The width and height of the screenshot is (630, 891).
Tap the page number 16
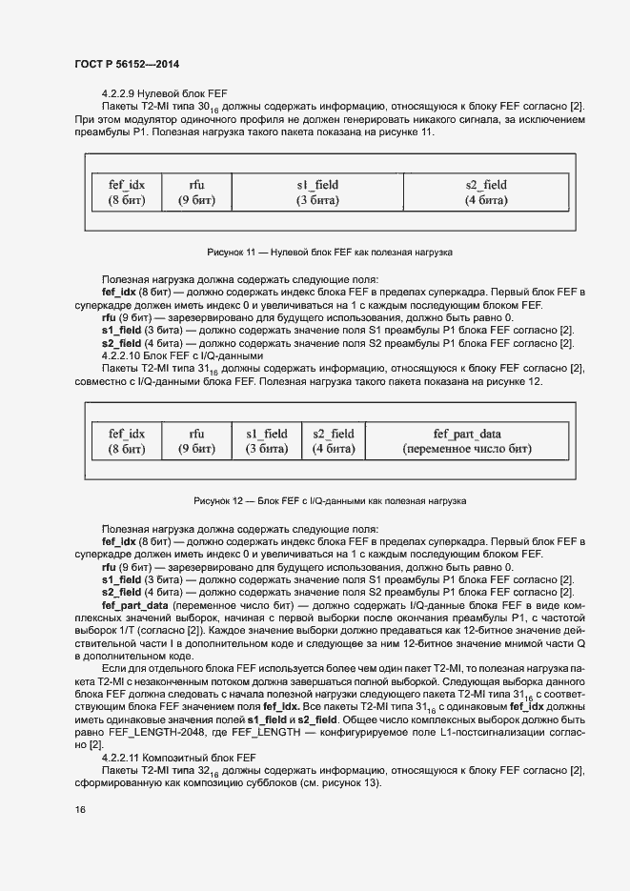tap(79, 809)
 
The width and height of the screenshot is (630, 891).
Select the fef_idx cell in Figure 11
tap(127, 192)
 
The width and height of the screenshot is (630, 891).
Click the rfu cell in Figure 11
tap(196, 192)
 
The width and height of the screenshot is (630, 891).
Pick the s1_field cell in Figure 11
tap(317, 192)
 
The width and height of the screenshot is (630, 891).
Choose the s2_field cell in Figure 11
tap(486, 192)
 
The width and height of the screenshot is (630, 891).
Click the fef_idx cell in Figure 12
tap(127, 441)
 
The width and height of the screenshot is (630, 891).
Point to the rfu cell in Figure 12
tap(196, 441)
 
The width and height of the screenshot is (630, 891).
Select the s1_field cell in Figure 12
tap(267, 441)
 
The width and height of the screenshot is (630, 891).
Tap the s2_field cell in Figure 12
tap(334, 441)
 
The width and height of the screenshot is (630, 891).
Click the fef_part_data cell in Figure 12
tap(467, 441)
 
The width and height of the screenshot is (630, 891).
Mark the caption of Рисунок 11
tap(329, 253)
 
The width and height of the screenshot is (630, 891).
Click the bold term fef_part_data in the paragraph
tap(134, 606)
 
